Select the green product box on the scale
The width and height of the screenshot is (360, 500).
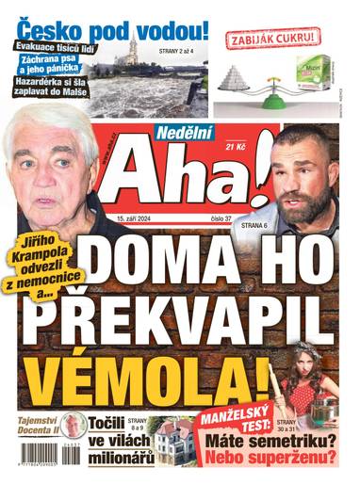point(308,71)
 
